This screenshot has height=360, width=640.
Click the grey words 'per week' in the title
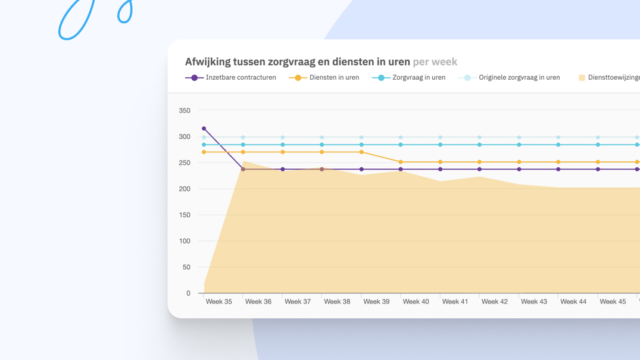pos(435,62)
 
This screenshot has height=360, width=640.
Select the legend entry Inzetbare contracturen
pos(241,77)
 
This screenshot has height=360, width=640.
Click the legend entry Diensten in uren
pos(334,77)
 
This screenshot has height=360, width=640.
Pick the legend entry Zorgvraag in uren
pos(419,77)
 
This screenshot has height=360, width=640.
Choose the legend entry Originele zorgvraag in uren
pos(519,77)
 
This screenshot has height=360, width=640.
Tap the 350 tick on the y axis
pos(185,111)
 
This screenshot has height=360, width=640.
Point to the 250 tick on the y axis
pos(185,163)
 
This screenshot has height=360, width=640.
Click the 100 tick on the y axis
pos(185,241)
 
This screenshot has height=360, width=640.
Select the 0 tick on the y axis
pos(188,293)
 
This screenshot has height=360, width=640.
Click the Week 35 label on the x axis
pos(218,302)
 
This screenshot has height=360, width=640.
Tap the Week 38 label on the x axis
pos(337,302)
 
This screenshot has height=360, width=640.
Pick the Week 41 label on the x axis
pos(455,302)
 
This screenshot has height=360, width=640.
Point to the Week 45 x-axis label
pos(613,302)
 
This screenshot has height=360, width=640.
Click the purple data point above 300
pos(204,129)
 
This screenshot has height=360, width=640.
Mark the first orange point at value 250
pos(401,162)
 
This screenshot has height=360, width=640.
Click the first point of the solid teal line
pos(204,145)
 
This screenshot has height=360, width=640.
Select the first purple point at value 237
pos(243,170)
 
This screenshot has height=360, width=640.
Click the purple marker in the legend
pos(194,78)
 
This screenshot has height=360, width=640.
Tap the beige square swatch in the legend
pos(582,78)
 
